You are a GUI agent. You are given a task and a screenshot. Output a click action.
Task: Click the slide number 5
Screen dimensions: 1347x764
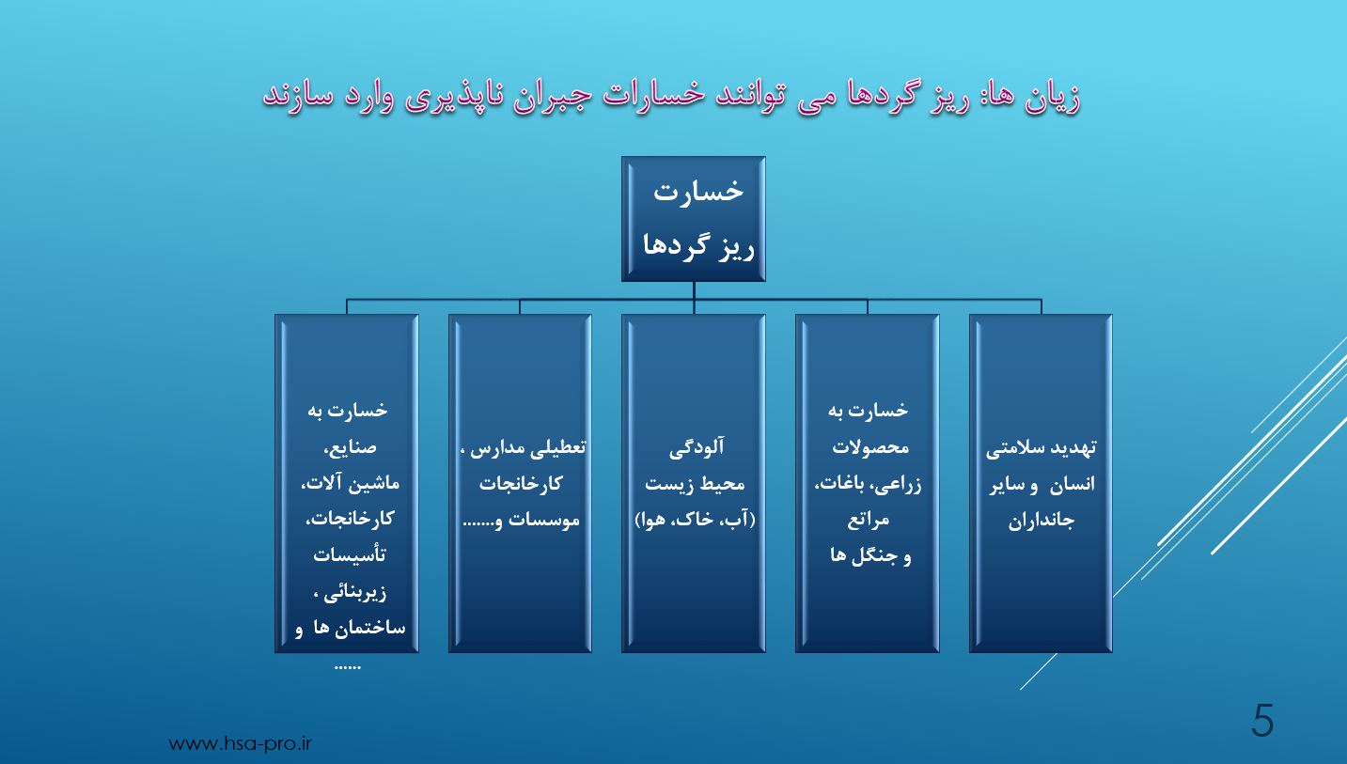click(x=1262, y=720)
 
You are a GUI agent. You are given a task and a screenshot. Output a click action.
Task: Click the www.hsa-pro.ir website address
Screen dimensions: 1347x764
click(x=240, y=744)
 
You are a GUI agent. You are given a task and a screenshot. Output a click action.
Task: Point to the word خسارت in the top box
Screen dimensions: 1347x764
click(x=698, y=191)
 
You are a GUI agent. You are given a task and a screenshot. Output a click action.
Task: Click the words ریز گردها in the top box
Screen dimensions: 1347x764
click(x=698, y=245)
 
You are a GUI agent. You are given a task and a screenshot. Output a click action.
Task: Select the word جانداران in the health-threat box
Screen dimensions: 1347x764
click(x=1041, y=520)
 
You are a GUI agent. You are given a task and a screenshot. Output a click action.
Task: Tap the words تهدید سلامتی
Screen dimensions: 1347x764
click(x=1041, y=448)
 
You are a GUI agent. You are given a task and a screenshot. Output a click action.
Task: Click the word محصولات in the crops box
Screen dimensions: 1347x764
click(x=870, y=448)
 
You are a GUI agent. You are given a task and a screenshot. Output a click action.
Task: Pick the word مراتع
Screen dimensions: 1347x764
click(x=869, y=520)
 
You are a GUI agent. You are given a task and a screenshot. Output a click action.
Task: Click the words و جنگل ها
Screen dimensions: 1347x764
click(x=870, y=556)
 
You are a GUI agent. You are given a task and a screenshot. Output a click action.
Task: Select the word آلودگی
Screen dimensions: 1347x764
click(x=697, y=448)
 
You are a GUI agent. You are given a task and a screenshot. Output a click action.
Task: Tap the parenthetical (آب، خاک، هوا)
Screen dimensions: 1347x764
click(x=696, y=520)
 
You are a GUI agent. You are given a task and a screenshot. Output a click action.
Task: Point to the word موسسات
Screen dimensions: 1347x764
click(x=544, y=520)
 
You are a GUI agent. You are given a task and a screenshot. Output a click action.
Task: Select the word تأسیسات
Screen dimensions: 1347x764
click(x=350, y=554)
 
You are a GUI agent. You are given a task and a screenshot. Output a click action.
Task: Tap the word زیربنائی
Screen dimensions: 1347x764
click(x=354, y=593)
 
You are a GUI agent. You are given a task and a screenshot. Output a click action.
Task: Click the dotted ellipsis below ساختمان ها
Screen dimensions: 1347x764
click(x=347, y=666)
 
